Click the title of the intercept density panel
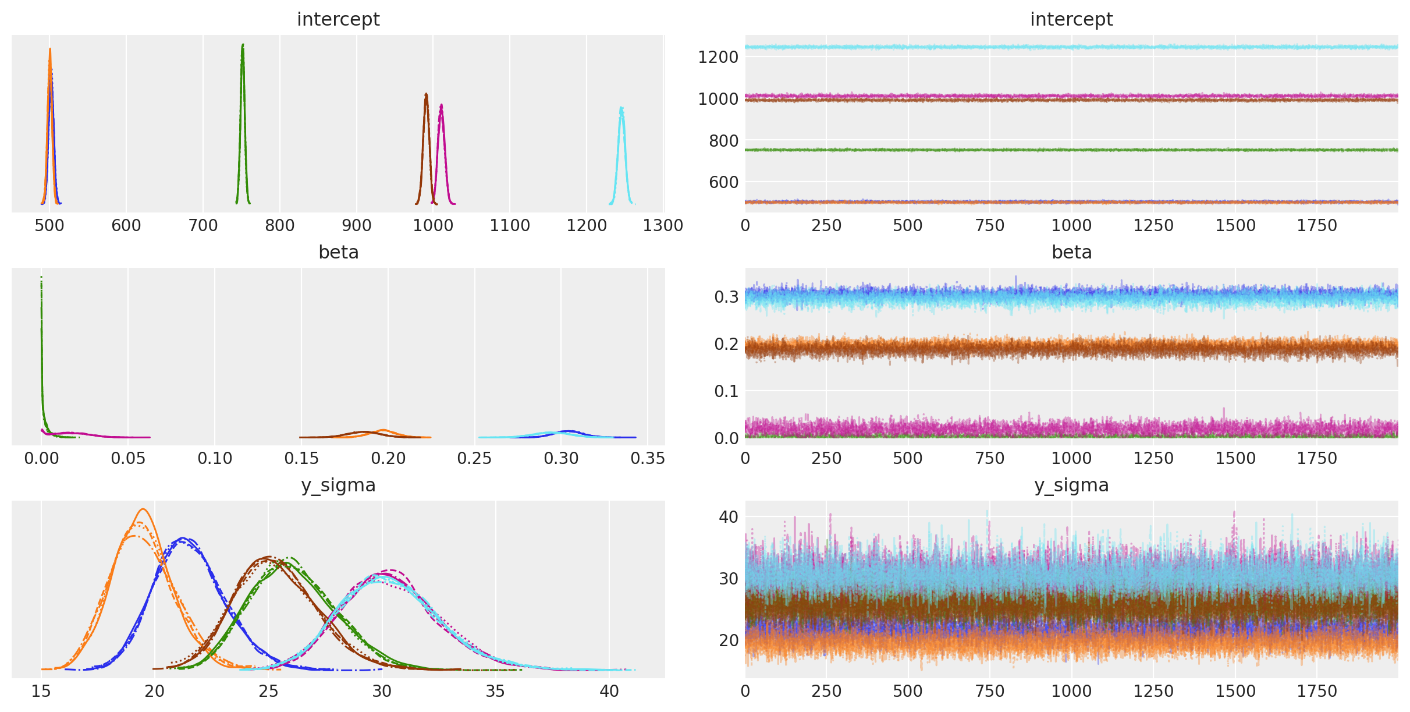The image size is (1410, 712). click(x=338, y=19)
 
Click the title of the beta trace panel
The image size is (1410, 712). click(x=1071, y=252)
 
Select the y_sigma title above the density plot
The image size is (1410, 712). click(x=338, y=485)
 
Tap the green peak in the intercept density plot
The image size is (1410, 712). click(x=243, y=45)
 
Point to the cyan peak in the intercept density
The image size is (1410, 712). click(x=621, y=108)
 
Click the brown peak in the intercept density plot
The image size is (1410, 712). click(x=426, y=94)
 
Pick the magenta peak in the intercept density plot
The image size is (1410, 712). click(x=442, y=105)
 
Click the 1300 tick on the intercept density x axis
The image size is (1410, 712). click(x=663, y=225)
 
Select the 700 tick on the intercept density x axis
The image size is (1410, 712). click(x=203, y=225)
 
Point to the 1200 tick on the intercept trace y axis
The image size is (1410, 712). click(x=718, y=57)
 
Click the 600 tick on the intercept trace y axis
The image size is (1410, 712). click(x=723, y=182)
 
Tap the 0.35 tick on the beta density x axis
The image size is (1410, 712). click(x=648, y=459)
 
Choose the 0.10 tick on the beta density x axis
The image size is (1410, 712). click(x=215, y=459)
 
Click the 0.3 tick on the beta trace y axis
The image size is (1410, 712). click(x=726, y=297)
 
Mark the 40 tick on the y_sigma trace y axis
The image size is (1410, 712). click(x=729, y=516)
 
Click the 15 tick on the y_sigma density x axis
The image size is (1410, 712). click(x=41, y=691)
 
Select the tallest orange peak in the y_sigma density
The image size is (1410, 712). click(x=143, y=509)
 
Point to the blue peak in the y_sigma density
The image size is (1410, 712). click(x=183, y=538)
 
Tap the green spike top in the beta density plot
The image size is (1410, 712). click(x=41, y=278)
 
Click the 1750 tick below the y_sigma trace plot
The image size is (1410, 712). click(x=1317, y=691)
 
